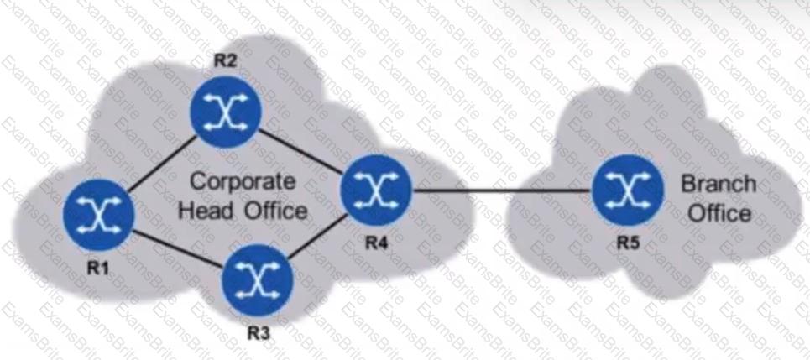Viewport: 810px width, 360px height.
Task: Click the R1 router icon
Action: click(x=99, y=214)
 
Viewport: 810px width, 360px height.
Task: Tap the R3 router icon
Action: click(x=258, y=280)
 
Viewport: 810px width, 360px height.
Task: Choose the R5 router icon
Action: click(x=628, y=190)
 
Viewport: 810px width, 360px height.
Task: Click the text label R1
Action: click(x=98, y=269)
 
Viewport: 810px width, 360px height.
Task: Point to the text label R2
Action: click(x=225, y=61)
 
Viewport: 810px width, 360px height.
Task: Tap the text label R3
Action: click(x=259, y=334)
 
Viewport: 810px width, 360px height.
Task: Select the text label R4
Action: click(x=377, y=243)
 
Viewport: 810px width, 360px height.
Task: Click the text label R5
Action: click(x=628, y=243)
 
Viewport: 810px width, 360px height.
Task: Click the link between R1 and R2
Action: click(x=162, y=163)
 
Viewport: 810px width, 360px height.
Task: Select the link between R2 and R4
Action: click(x=301, y=151)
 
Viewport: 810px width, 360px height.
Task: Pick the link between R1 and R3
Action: click(x=178, y=249)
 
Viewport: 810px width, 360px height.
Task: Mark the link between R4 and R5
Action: click(x=502, y=190)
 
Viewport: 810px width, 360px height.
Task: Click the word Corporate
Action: click(x=243, y=183)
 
